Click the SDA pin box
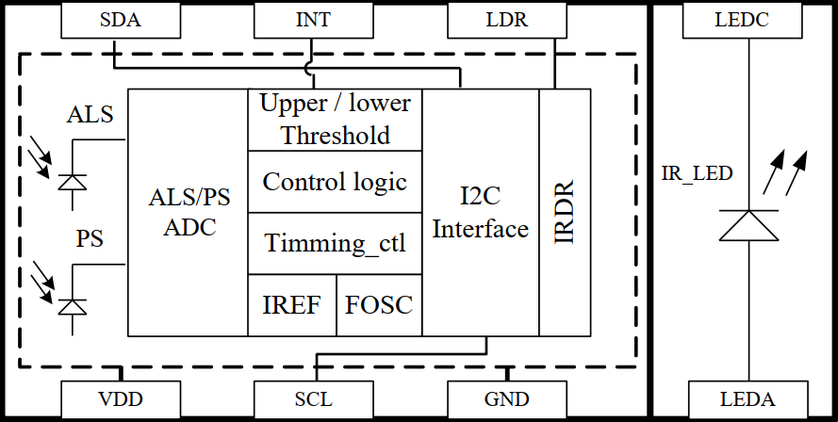pyautogui.click(x=119, y=20)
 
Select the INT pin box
pyautogui.click(x=312, y=20)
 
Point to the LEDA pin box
pyautogui.click(x=748, y=398)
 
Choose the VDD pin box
pyautogui.click(x=119, y=398)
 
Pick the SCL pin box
pyautogui.click(x=312, y=398)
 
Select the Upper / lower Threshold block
pyautogui.click(x=335, y=120)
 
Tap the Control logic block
pyautogui.click(x=335, y=181)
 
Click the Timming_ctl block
pyautogui.click(x=335, y=243)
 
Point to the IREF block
pyautogui.click(x=291, y=305)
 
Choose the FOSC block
pyautogui.click(x=379, y=305)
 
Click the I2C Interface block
pyautogui.click(x=481, y=213)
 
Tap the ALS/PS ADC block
pyautogui.click(x=188, y=213)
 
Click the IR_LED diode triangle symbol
pyautogui.click(x=748, y=225)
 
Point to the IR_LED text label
pyautogui.click(x=698, y=173)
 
